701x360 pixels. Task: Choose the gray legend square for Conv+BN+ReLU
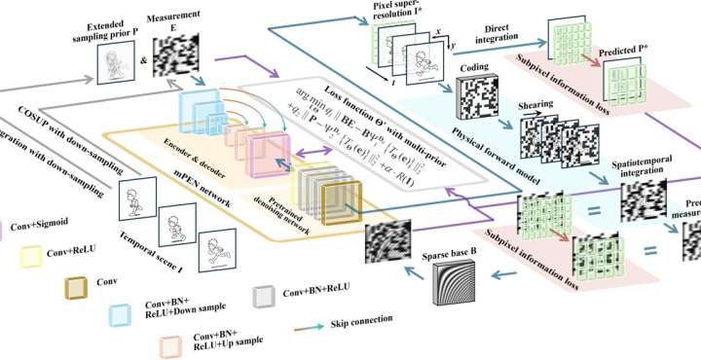click(x=262, y=294)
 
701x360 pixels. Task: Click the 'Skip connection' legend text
click(x=361, y=318)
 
